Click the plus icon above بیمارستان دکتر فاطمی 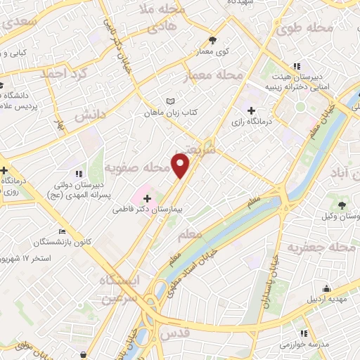(146, 199)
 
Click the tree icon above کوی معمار (214, 40)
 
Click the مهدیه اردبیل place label (326, 299)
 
